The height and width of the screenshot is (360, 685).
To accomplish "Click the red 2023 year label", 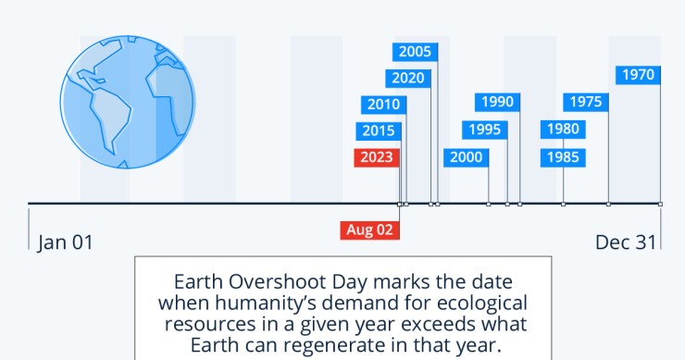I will click(378, 156).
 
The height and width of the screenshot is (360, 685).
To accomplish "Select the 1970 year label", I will click(638, 75).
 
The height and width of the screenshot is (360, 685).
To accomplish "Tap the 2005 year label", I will click(414, 52).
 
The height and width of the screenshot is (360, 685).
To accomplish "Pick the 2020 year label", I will click(408, 78).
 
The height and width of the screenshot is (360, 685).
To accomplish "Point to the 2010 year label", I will click(382, 105).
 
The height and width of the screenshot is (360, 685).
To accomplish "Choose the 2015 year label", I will click(378, 130).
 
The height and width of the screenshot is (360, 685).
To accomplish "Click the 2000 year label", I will click(466, 156).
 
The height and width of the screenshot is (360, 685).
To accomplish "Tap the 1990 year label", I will click(496, 101).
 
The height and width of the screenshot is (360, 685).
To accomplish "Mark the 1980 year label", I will click(563, 129).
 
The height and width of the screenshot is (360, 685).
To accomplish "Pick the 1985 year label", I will click(563, 156).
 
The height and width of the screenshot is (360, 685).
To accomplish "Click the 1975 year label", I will click(586, 101).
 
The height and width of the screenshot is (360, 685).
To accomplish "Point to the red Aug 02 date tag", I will click(370, 230).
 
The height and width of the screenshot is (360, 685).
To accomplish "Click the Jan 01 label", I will click(66, 242).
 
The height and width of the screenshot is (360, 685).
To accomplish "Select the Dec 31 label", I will click(626, 242).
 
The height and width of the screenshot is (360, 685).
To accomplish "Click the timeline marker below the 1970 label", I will click(660, 204).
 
